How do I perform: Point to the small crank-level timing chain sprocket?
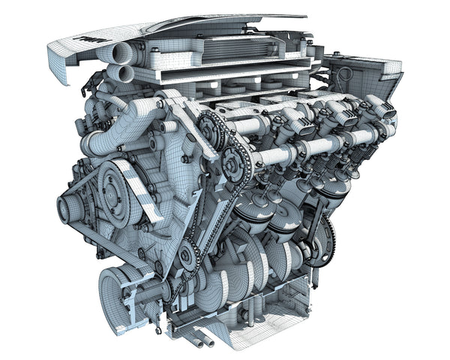pos(187,257)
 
